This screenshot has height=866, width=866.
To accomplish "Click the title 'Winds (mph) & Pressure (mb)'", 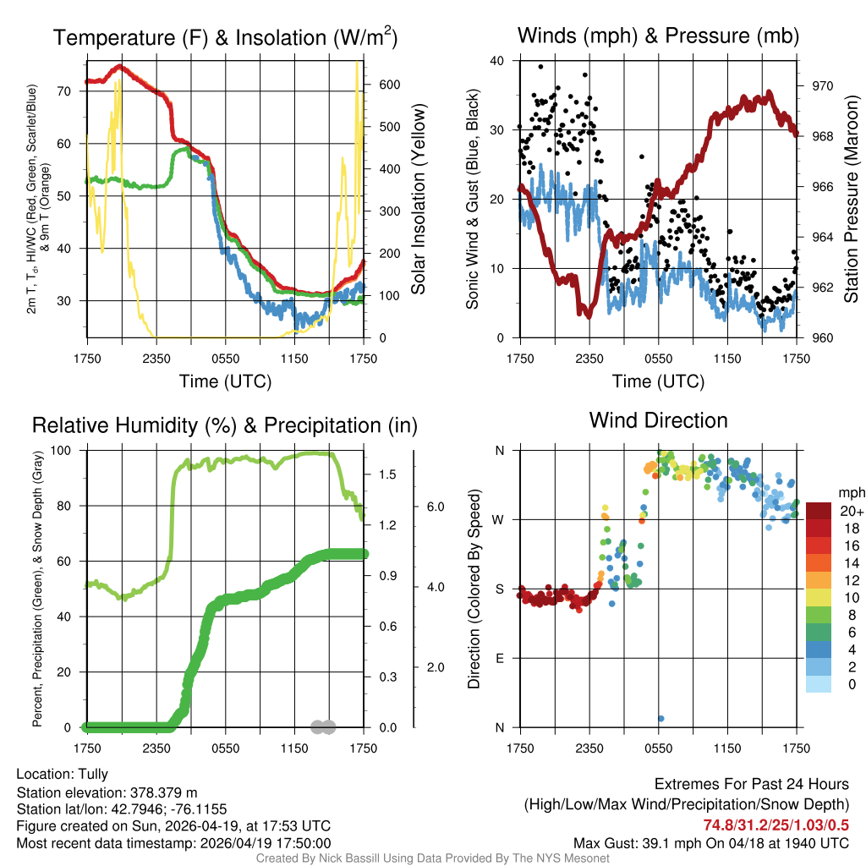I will (x=658, y=36).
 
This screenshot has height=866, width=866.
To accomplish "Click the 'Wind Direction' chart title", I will (x=658, y=420).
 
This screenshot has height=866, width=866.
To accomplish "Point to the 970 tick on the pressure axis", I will (x=821, y=85).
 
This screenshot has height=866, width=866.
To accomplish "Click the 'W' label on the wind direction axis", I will (x=499, y=519).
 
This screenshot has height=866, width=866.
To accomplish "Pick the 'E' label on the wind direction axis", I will (x=500, y=658).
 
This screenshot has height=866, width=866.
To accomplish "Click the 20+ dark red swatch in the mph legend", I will (x=819, y=510).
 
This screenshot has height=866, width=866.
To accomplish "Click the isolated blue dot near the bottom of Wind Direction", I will (x=660, y=719).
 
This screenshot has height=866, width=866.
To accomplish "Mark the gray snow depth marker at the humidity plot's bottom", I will (x=323, y=726).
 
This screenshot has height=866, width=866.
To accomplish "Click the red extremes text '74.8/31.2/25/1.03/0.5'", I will (x=776, y=825).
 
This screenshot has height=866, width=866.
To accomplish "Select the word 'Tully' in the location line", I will (x=93, y=774).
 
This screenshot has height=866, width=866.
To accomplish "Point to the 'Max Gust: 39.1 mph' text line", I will (x=710, y=843).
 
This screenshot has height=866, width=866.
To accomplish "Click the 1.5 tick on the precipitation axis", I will (x=388, y=475).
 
